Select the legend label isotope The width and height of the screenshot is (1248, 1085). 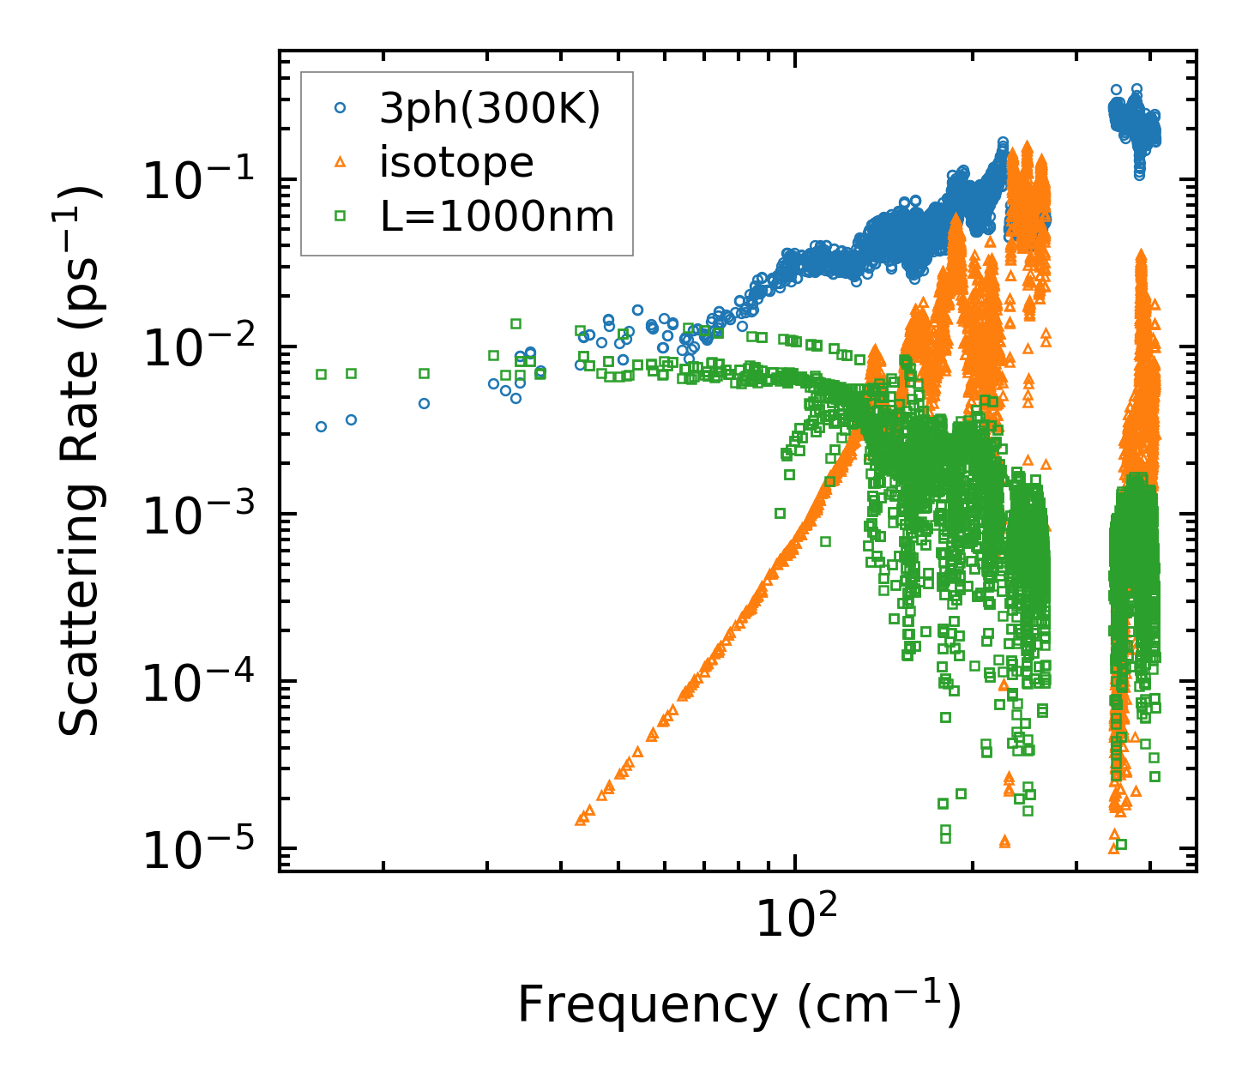456,162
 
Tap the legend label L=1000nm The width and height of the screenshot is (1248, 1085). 497,217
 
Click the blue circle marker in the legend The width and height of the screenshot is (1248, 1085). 341,108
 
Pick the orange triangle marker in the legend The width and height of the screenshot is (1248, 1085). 341,162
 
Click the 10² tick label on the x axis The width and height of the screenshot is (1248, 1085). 796,919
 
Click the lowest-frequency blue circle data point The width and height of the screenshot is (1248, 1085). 321,426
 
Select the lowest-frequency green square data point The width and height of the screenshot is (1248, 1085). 321,374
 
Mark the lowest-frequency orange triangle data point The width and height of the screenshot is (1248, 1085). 580,821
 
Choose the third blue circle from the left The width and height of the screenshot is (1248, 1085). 424,403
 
